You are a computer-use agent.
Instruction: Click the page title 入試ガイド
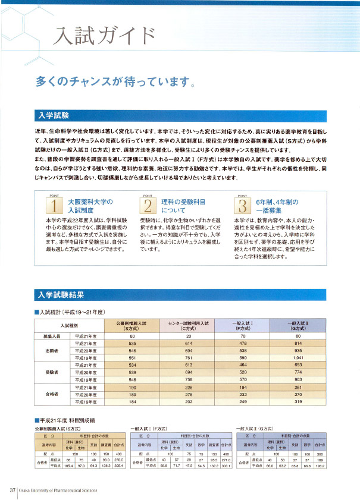coord(104,37)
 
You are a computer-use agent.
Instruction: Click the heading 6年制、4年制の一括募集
coord(277,206)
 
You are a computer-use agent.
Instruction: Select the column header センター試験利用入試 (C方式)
coord(187,325)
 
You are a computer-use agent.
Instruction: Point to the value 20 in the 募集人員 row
coord(187,336)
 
